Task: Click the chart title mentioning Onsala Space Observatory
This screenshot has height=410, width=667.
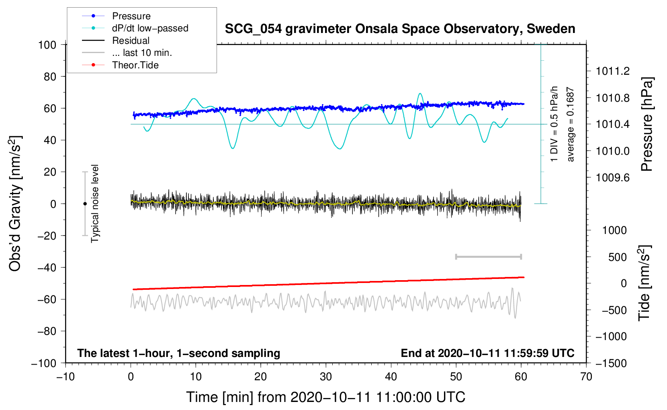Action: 400,29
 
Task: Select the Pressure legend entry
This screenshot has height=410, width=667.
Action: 131,16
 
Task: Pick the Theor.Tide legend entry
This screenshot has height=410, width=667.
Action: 135,65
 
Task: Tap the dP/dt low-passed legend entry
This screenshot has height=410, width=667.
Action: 150,28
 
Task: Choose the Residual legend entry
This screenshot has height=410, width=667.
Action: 131,41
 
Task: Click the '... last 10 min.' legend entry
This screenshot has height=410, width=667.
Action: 142,53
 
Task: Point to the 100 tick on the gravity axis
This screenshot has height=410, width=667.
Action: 47,45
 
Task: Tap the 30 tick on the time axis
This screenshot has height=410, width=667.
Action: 326,377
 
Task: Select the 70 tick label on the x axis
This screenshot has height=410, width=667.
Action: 586,377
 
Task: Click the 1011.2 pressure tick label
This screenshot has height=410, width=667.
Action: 613,72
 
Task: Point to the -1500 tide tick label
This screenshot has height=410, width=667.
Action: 611,363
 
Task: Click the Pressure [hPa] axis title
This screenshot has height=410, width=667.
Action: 647,124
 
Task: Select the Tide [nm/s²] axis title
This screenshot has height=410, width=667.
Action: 644,283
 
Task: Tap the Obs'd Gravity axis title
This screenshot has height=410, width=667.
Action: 15,203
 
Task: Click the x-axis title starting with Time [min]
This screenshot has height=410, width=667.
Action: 325,397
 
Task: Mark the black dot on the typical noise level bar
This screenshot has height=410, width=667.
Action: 85,204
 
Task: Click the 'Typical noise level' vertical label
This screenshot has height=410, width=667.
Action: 95,203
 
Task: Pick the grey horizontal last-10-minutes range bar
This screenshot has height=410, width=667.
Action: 488,257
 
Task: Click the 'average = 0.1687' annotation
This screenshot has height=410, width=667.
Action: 570,124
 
